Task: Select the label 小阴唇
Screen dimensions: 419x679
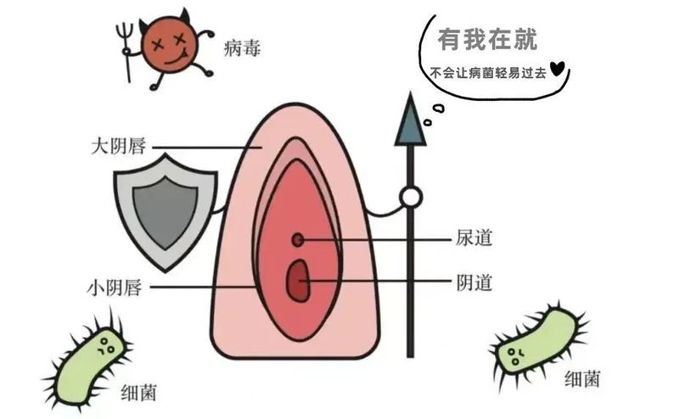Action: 120,286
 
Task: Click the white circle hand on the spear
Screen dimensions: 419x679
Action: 411,198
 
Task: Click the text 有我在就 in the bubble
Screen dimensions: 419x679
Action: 486,39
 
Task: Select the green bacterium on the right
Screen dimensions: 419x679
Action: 537,339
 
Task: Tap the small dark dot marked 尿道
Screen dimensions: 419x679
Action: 298,240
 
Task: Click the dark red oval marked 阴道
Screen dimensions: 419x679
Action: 298,280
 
